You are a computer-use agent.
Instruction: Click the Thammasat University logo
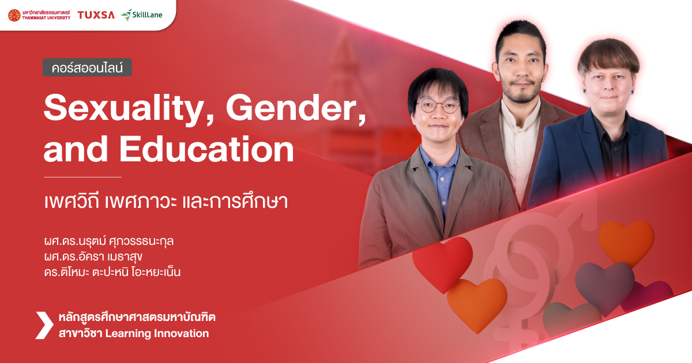click(39, 15)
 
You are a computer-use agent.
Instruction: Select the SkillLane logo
click(142, 14)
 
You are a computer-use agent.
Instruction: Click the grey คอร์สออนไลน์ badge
click(88, 67)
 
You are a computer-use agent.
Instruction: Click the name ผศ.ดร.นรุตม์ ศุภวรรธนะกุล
click(108, 240)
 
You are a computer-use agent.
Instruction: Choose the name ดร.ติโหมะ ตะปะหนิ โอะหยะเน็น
click(112, 271)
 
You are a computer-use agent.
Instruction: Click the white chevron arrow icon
click(44, 325)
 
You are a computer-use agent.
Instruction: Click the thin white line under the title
click(82, 177)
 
